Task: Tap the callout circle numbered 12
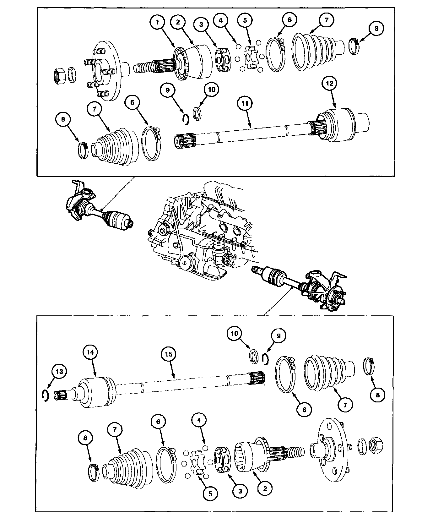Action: [330, 84]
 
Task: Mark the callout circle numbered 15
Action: [170, 354]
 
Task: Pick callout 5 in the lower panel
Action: [210, 494]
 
